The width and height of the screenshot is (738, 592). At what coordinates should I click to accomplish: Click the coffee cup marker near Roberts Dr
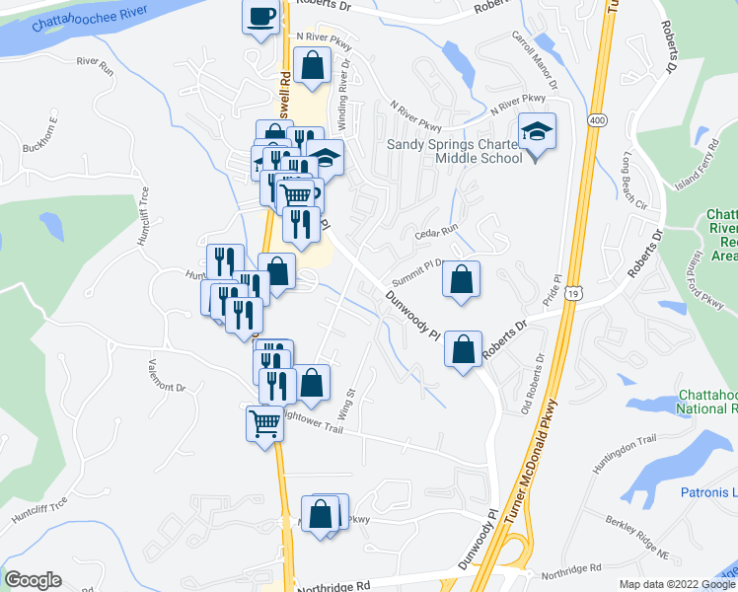pyautogui.click(x=261, y=18)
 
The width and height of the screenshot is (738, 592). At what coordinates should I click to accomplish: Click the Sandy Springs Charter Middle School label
pyautogui.click(x=454, y=150)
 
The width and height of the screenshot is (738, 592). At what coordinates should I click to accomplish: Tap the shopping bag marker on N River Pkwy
pyautogui.click(x=313, y=67)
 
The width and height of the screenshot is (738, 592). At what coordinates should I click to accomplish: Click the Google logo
pyautogui.click(x=33, y=580)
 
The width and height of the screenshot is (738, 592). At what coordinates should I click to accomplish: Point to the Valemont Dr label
pyautogui.click(x=167, y=374)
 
